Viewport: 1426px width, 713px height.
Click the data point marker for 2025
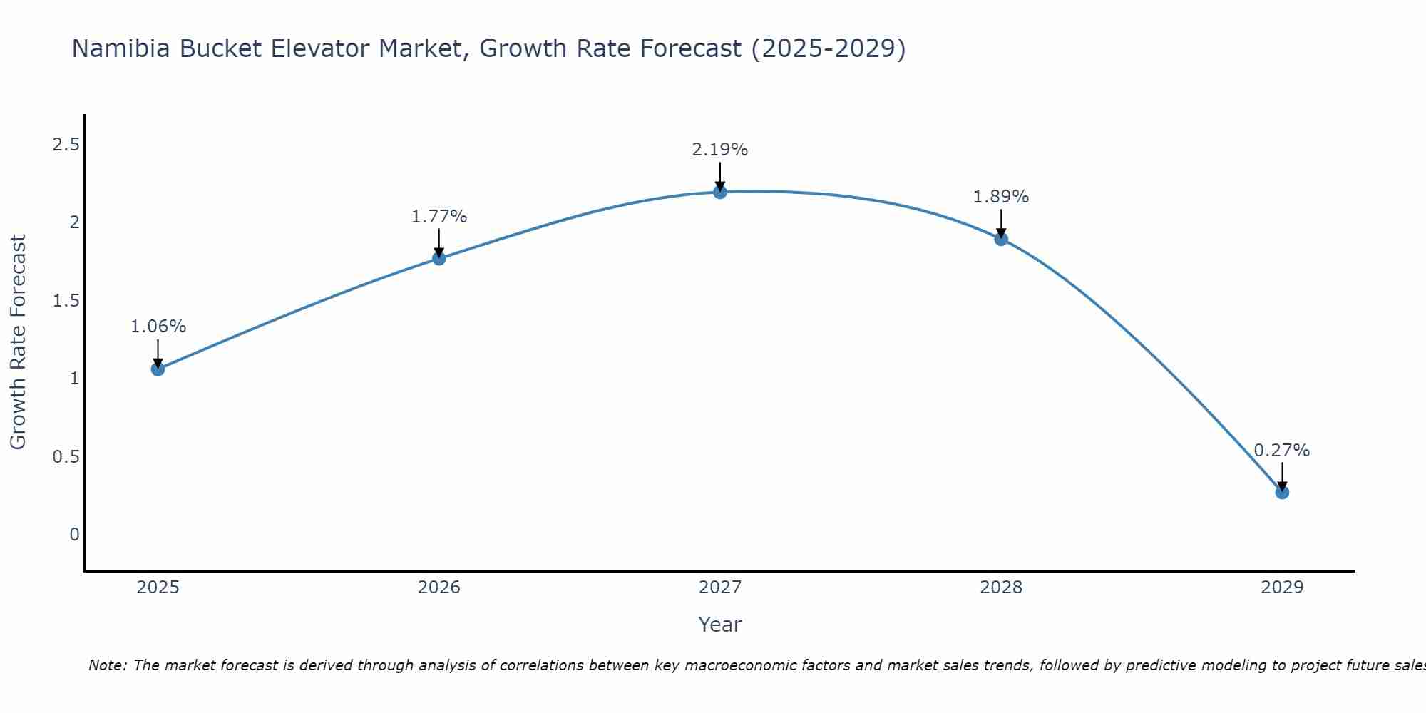tap(158, 369)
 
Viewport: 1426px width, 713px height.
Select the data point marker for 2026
tap(439, 258)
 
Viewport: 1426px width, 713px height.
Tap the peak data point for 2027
tap(720, 192)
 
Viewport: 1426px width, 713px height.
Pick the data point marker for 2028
tap(1001, 239)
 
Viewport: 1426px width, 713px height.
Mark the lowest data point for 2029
tap(1282, 492)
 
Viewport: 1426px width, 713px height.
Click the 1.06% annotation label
tap(158, 327)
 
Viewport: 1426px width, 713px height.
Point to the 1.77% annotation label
tap(439, 217)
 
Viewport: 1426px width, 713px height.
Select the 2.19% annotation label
tap(720, 150)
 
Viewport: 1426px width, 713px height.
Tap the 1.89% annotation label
tap(1001, 197)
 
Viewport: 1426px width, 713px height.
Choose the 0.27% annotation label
tap(1282, 451)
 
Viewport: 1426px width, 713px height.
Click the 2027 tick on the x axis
tap(720, 588)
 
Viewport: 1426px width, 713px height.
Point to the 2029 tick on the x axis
tap(1282, 588)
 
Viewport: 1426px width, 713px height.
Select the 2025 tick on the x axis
tap(158, 588)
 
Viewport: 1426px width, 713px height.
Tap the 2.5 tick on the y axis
tap(66, 145)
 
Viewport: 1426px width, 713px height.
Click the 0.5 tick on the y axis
tap(66, 456)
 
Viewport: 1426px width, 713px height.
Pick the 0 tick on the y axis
tap(74, 534)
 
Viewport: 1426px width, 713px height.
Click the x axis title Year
tap(720, 625)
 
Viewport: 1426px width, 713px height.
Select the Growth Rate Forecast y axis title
tap(18, 342)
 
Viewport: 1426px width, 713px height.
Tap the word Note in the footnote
tap(107, 665)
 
